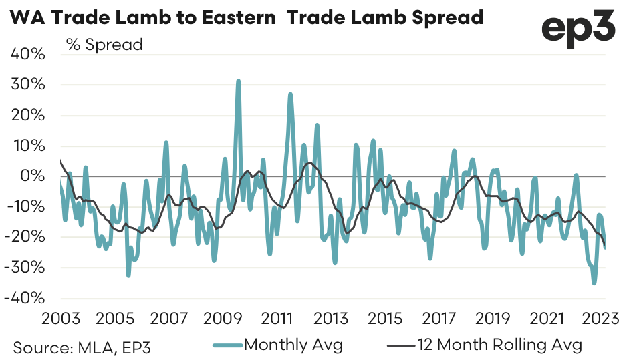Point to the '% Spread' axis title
(x=104, y=45)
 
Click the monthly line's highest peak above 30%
(x=238, y=81)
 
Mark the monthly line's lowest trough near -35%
(x=594, y=283)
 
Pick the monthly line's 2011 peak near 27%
(x=290, y=94)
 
